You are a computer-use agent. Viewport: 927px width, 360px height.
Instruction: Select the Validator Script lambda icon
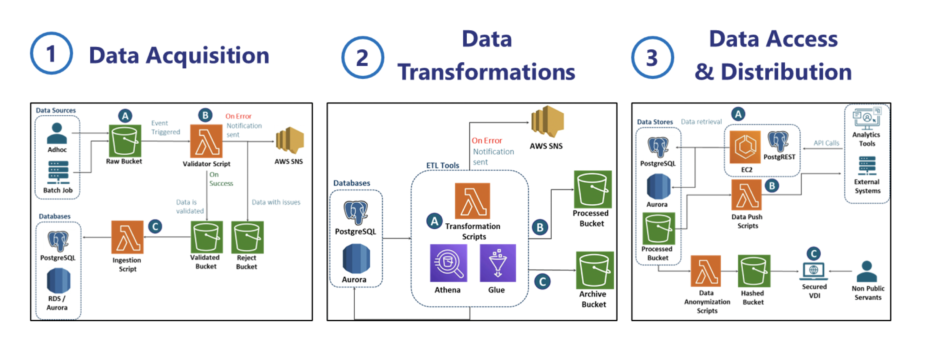point(206,141)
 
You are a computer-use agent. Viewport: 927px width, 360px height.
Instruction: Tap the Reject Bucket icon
point(247,237)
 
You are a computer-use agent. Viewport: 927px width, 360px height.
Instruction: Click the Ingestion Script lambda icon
point(127,237)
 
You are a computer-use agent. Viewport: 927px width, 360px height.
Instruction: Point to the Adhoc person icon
point(57,133)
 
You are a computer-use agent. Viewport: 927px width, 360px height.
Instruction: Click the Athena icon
point(448,263)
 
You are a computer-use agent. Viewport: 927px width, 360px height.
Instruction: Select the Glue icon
point(497,263)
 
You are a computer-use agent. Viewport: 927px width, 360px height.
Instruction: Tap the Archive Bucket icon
point(595,270)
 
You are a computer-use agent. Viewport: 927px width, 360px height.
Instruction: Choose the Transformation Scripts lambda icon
point(472,201)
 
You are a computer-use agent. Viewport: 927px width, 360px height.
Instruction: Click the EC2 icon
point(745,147)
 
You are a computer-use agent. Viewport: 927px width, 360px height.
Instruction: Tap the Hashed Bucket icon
point(754,271)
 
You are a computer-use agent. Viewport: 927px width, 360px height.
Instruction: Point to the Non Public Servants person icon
point(867,271)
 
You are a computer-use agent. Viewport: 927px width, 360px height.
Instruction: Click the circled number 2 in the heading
point(362,57)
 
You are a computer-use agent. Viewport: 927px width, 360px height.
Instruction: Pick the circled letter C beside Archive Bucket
point(542,282)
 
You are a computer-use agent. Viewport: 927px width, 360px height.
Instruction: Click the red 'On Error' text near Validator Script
point(238,116)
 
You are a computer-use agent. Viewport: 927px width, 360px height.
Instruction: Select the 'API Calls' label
point(826,143)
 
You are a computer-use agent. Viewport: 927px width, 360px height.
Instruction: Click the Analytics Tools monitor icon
point(867,118)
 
